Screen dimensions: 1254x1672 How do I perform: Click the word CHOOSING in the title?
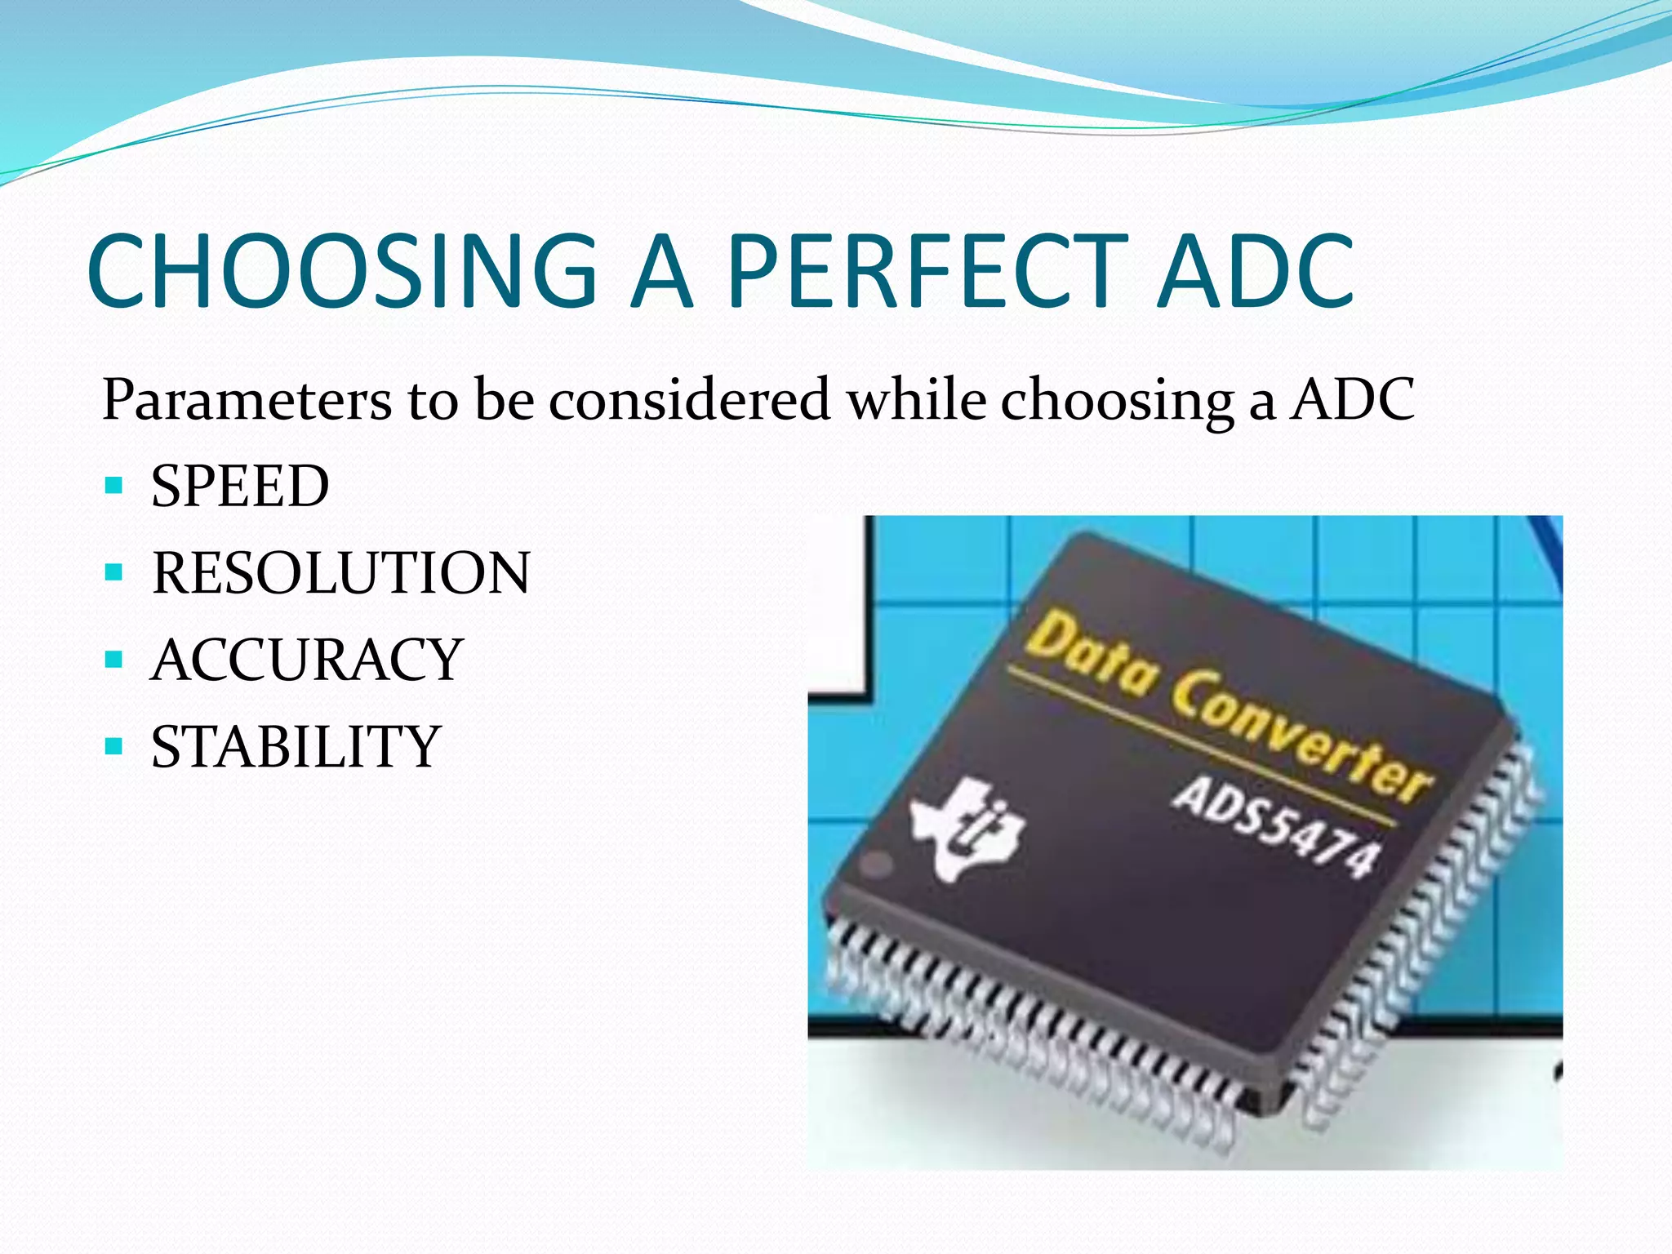[x=343, y=271]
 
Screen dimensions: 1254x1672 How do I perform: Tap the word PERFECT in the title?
[x=927, y=271]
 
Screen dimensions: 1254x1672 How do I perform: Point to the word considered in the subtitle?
[x=689, y=400]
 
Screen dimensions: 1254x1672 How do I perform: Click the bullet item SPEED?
[x=240, y=487]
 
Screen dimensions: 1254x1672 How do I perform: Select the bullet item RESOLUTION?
[x=341, y=573]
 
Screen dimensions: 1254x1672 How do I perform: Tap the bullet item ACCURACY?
[x=307, y=660]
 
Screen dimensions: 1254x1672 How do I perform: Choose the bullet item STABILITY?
[x=296, y=746]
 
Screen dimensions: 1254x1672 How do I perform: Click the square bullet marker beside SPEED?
[x=113, y=487]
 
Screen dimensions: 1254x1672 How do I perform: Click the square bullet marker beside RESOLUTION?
[x=113, y=572]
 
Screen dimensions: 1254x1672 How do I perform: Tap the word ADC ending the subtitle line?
[x=1352, y=400]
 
